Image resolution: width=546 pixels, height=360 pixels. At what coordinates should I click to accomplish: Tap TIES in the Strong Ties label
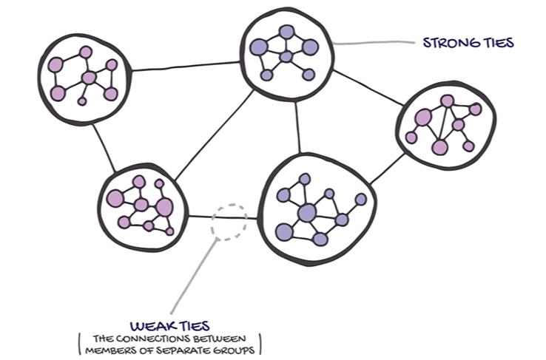point(499,43)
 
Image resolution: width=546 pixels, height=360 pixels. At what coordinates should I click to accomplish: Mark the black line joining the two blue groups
point(298,126)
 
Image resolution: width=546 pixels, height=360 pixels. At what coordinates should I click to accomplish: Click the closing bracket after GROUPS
point(260,342)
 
